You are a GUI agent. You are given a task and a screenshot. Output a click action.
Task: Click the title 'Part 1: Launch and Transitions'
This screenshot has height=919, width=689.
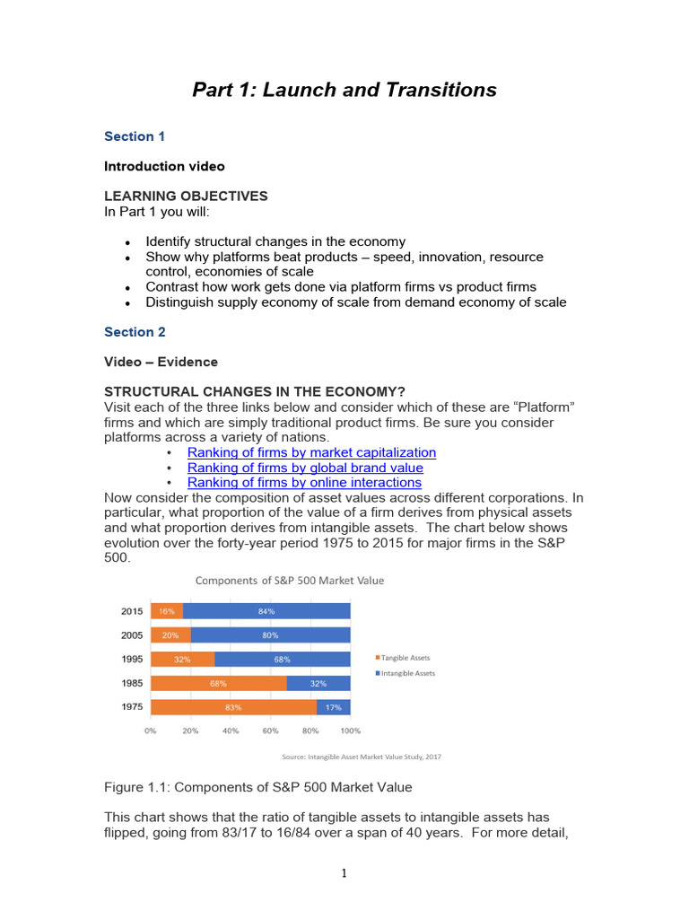pyautogui.click(x=344, y=90)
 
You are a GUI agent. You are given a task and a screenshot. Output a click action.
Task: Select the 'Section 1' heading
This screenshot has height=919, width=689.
pyautogui.click(x=135, y=136)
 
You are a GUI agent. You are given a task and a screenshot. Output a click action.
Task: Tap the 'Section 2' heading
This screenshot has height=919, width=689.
pyautogui.click(x=135, y=332)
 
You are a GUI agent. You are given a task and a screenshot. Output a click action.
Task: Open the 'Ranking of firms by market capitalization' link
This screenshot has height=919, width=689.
pyautogui.click(x=311, y=452)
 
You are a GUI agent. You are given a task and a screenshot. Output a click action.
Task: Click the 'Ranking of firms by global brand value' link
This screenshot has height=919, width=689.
pyautogui.click(x=305, y=468)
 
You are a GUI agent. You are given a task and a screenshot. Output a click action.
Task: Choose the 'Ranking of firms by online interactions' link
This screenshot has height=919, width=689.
pyautogui.click(x=304, y=483)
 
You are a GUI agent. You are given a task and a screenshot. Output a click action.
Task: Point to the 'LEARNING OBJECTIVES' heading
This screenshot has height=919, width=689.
pyautogui.click(x=186, y=197)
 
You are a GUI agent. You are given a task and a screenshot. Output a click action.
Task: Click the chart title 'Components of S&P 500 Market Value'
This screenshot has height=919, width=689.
pyautogui.click(x=290, y=581)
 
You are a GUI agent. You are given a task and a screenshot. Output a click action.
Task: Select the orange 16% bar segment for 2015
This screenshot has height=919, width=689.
pyautogui.click(x=167, y=611)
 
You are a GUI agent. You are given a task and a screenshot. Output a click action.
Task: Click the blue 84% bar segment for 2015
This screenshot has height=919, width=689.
pyautogui.click(x=266, y=611)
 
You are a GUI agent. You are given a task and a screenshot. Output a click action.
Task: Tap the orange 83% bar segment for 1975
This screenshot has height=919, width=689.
pyautogui.click(x=233, y=707)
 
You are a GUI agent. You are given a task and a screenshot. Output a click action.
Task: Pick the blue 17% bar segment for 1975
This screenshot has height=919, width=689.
pyautogui.click(x=333, y=707)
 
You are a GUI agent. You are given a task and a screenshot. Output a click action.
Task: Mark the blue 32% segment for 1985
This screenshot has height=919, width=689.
pyautogui.click(x=318, y=683)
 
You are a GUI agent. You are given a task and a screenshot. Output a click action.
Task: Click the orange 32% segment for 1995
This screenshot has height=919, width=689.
pyautogui.click(x=182, y=659)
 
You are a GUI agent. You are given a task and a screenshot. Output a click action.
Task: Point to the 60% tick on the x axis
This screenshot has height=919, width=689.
pyautogui.click(x=270, y=731)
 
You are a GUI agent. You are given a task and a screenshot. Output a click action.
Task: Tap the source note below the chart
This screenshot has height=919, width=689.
pyautogui.click(x=362, y=757)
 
